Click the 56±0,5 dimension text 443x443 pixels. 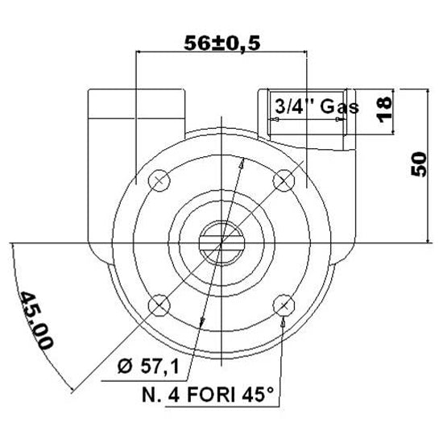pyautogui.click(x=221, y=44)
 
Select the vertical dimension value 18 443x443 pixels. pyautogui.click(x=384, y=104)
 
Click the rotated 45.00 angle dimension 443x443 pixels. pyautogui.click(x=36, y=320)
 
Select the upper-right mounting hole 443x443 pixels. pyautogui.click(x=284, y=180)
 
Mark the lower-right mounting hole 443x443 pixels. pyautogui.click(x=284, y=304)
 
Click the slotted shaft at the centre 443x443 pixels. pyautogui.click(x=221, y=242)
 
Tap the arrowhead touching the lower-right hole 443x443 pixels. pyautogui.click(x=283, y=319)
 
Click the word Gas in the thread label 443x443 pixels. pyautogui.click(x=337, y=106)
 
